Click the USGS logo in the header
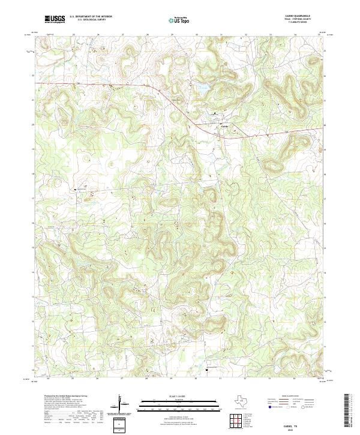[55, 20]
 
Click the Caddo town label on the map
[221, 125]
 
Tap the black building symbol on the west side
[76, 190]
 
